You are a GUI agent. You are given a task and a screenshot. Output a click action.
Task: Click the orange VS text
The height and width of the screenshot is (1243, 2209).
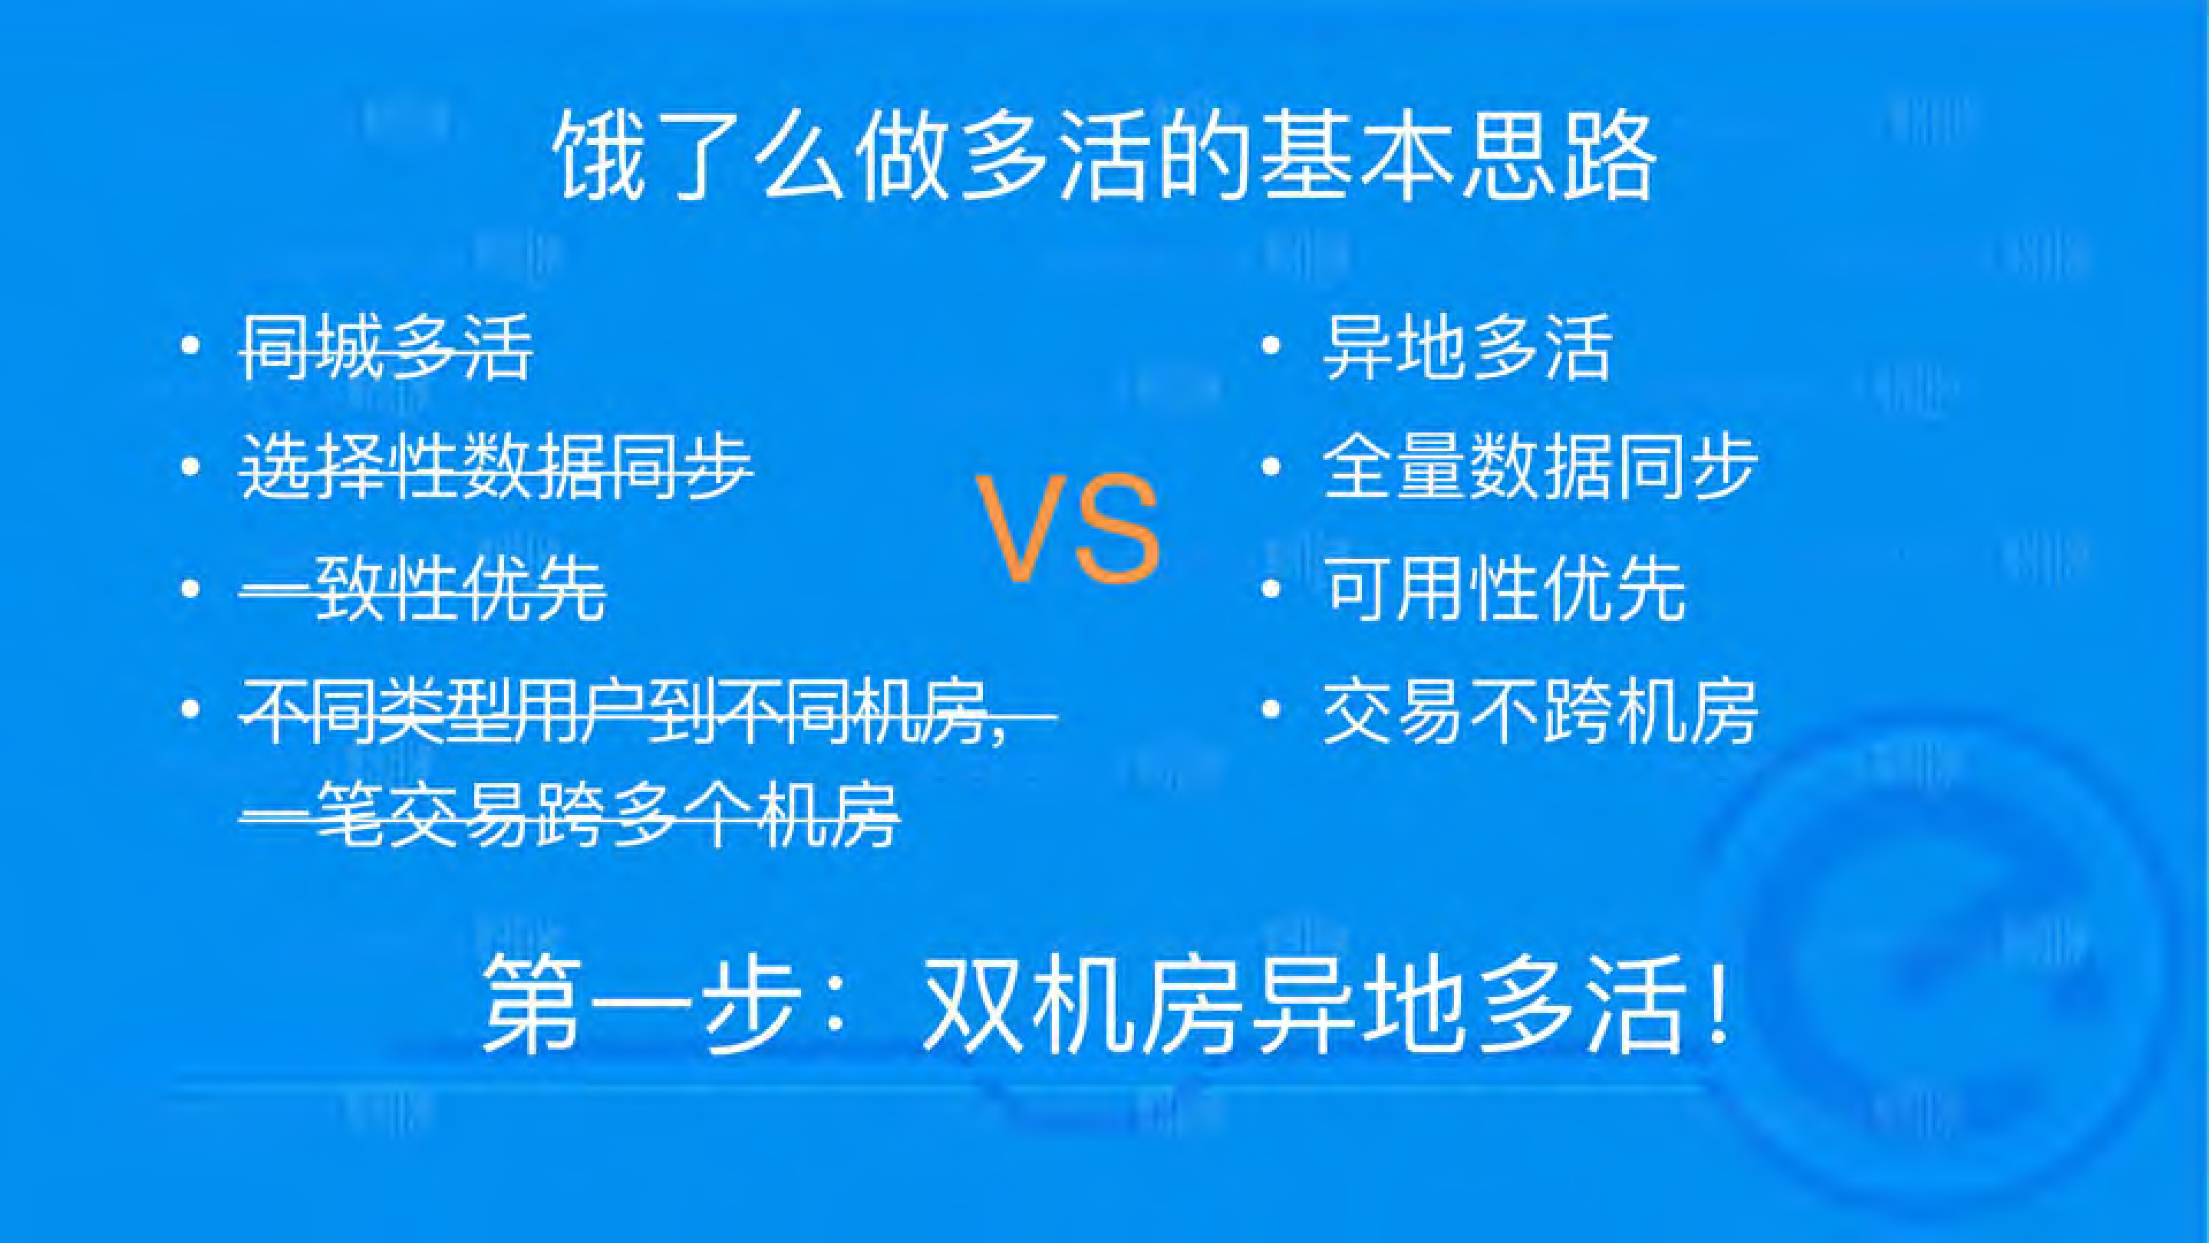tap(1067, 529)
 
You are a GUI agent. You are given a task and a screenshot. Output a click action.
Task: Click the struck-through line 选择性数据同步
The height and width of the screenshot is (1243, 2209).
tap(496, 467)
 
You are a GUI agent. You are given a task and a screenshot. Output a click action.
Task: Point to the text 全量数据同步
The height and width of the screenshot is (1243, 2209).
tap(1540, 467)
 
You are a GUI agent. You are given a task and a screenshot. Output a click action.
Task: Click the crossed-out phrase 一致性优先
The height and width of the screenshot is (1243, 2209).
tap(423, 589)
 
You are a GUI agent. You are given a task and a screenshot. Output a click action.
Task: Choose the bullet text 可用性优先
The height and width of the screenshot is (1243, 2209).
tap(1504, 589)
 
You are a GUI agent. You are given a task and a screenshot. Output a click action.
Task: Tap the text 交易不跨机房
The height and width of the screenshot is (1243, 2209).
tap(1540, 711)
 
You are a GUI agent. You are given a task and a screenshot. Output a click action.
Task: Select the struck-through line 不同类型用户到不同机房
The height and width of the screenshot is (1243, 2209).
tap(626, 711)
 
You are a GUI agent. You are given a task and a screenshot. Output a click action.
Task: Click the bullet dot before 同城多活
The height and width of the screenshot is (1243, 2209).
tap(190, 347)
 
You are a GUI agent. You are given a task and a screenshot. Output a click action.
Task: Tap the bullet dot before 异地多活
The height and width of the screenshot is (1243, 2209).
tap(1271, 347)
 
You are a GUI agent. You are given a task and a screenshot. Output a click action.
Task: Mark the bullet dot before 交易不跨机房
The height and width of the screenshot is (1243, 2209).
tap(1271, 710)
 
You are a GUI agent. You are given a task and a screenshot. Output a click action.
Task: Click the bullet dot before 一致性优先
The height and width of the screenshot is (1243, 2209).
tap(190, 588)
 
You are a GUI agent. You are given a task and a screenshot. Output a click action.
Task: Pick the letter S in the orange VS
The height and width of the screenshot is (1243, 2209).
tap(1117, 529)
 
